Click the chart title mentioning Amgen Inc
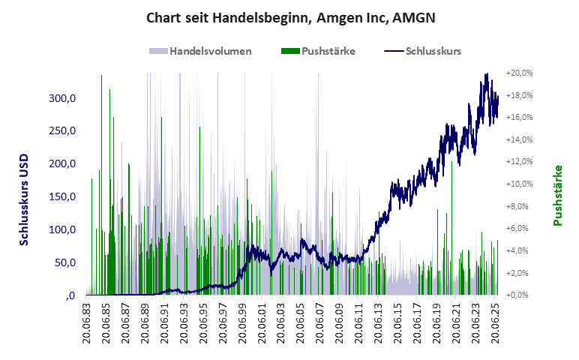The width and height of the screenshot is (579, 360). point(289,16)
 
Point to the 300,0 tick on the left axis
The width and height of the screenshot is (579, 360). point(62,98)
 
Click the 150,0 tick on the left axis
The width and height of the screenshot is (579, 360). point(62,196)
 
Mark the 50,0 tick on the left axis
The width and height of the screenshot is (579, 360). point(64,262)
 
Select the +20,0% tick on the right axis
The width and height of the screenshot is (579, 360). point(519,73)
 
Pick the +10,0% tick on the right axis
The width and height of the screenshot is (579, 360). point(519,184)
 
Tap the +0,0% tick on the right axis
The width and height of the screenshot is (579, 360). point(519,295)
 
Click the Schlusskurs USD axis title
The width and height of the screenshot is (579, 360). point(24,196)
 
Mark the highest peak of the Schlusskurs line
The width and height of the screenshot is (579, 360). point(487,74)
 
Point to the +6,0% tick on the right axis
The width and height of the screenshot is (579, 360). point(519,228)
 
